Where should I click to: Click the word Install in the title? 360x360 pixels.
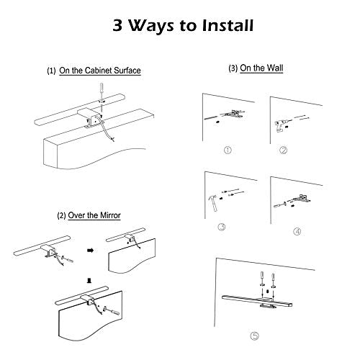[228, 25]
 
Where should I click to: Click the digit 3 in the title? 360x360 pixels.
[117, 25]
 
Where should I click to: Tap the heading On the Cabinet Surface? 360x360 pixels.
[100, 71]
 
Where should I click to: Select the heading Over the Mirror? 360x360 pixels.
[94, 215]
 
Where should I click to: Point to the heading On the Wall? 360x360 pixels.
[261, 68]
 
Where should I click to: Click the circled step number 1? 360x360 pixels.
[228, 150]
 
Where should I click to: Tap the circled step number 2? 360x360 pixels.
[284, 150]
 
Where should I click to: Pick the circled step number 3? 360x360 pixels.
[222, 227]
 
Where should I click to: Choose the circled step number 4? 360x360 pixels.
[297, 231]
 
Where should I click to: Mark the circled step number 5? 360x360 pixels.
[255, 336]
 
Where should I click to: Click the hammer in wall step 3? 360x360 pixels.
[213, 203]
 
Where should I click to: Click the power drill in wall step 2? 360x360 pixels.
[280, 125]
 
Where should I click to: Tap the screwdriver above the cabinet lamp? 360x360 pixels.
[102, 96]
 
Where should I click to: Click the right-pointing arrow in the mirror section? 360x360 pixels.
[90, 251]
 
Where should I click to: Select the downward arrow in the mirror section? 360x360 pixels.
[89, 280]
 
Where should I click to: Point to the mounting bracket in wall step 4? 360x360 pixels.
[302, 198]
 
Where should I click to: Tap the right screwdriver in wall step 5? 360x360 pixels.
[273, 281]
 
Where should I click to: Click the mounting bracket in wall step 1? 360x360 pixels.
[235, 113]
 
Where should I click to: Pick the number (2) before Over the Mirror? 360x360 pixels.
[61, 215]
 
